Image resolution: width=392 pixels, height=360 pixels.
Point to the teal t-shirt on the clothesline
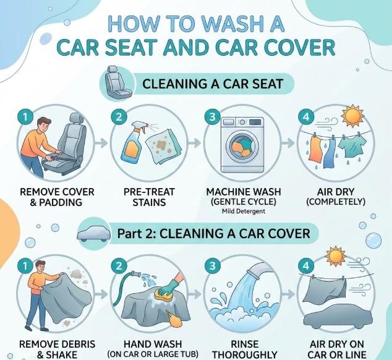[x=352, y=148]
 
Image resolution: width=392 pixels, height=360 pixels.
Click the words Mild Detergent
[x=244, y=211]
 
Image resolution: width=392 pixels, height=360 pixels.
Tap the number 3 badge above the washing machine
[x=212, y=117]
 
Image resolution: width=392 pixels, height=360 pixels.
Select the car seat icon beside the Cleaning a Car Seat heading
[x=117, y=82]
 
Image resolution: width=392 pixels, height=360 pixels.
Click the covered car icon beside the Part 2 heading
[x=94, y=234]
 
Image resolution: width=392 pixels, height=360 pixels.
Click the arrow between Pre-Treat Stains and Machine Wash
[x=195, y=143]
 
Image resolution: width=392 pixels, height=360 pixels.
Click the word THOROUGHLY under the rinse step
[x=245, y=355]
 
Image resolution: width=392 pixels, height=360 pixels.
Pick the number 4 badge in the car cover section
[x=306, y=266]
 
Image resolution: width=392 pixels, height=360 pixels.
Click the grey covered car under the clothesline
[x=338, y=317]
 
